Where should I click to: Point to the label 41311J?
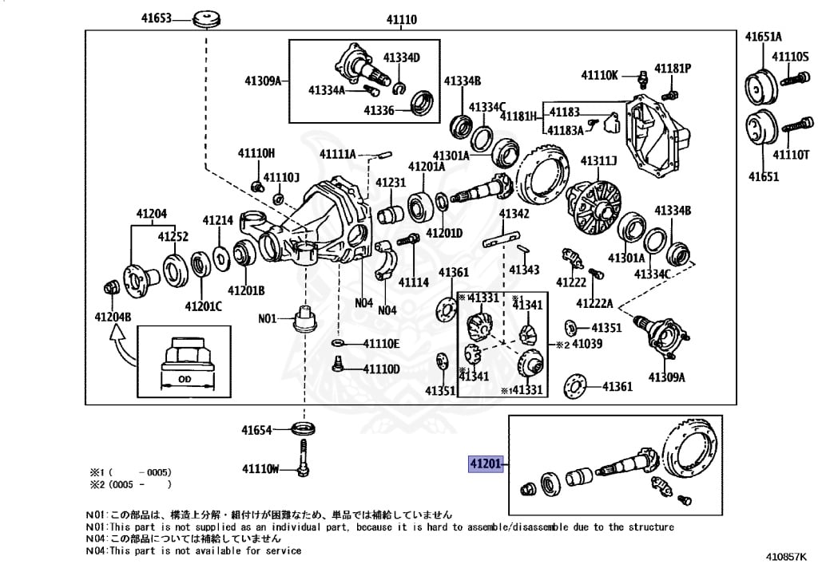pos(598,161)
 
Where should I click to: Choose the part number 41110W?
pos(261,468)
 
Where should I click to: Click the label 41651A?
pos(764,36)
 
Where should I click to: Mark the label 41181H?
pos(519,116)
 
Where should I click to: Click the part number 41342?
pos(514,214)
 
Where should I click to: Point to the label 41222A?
pos(594,303)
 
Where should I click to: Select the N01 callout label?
pos(267,318)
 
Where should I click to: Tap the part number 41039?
pos(586,344)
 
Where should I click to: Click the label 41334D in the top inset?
pos(401,57)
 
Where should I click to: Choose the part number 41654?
pos(258,430)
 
